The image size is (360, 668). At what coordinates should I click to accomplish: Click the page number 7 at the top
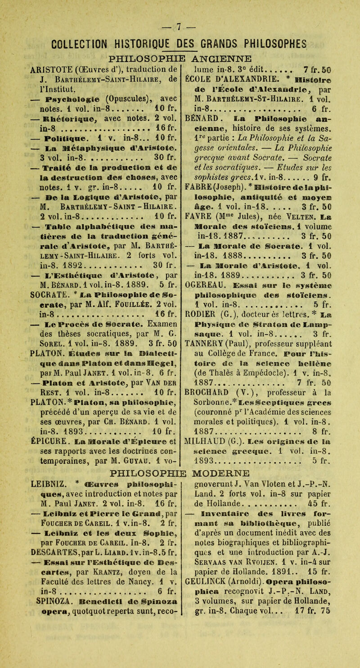180,11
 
